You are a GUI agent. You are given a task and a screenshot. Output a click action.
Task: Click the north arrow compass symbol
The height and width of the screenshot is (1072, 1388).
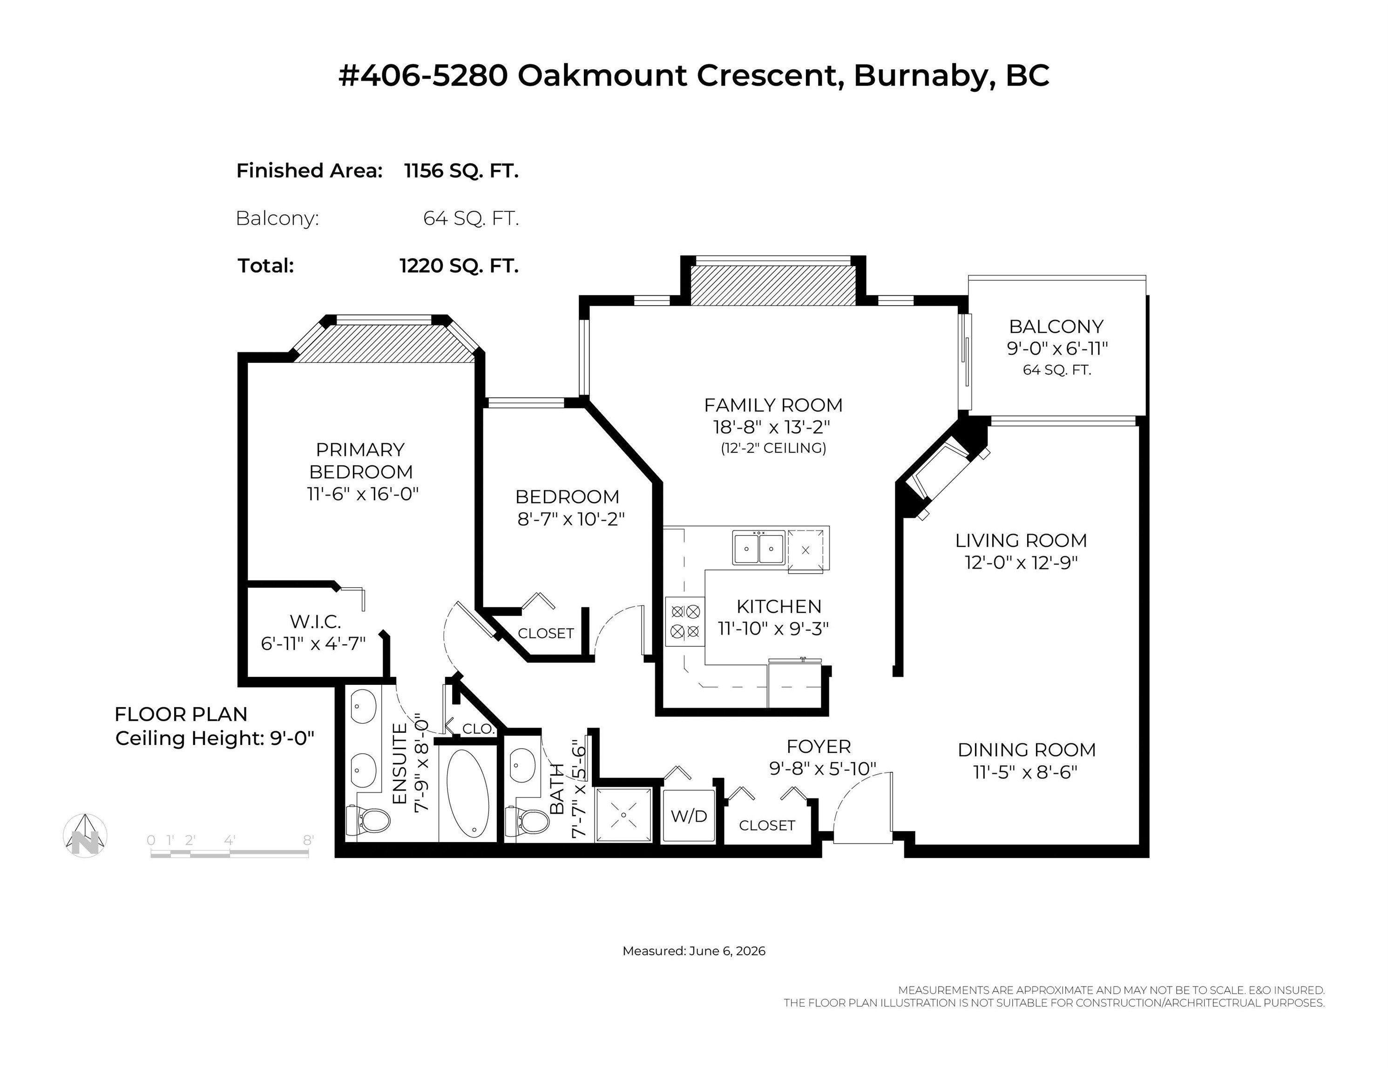[85, 835]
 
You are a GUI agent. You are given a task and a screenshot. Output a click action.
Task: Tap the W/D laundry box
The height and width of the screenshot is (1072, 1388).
[689, 816]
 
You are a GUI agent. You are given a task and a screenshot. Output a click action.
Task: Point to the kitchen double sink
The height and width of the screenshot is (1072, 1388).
[758, 548]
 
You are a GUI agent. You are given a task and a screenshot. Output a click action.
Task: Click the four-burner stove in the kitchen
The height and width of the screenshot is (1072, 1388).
[685, 622]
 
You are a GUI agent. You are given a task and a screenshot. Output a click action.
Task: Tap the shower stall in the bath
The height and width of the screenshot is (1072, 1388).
[623, 816]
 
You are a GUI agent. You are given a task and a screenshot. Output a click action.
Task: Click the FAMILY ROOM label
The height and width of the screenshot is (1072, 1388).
[773, 405]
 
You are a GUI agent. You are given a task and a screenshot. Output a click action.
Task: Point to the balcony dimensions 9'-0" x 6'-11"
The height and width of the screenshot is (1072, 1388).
[1057, 348]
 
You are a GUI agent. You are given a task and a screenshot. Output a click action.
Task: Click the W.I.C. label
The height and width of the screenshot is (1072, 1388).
[315, 621]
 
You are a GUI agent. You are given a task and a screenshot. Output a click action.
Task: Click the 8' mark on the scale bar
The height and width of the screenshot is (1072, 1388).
[308, 840]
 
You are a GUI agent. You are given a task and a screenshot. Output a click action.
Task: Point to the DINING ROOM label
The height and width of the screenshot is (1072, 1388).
[1026, 750]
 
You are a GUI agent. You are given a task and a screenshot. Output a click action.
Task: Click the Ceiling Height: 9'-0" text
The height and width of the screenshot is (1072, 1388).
[215, 738]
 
